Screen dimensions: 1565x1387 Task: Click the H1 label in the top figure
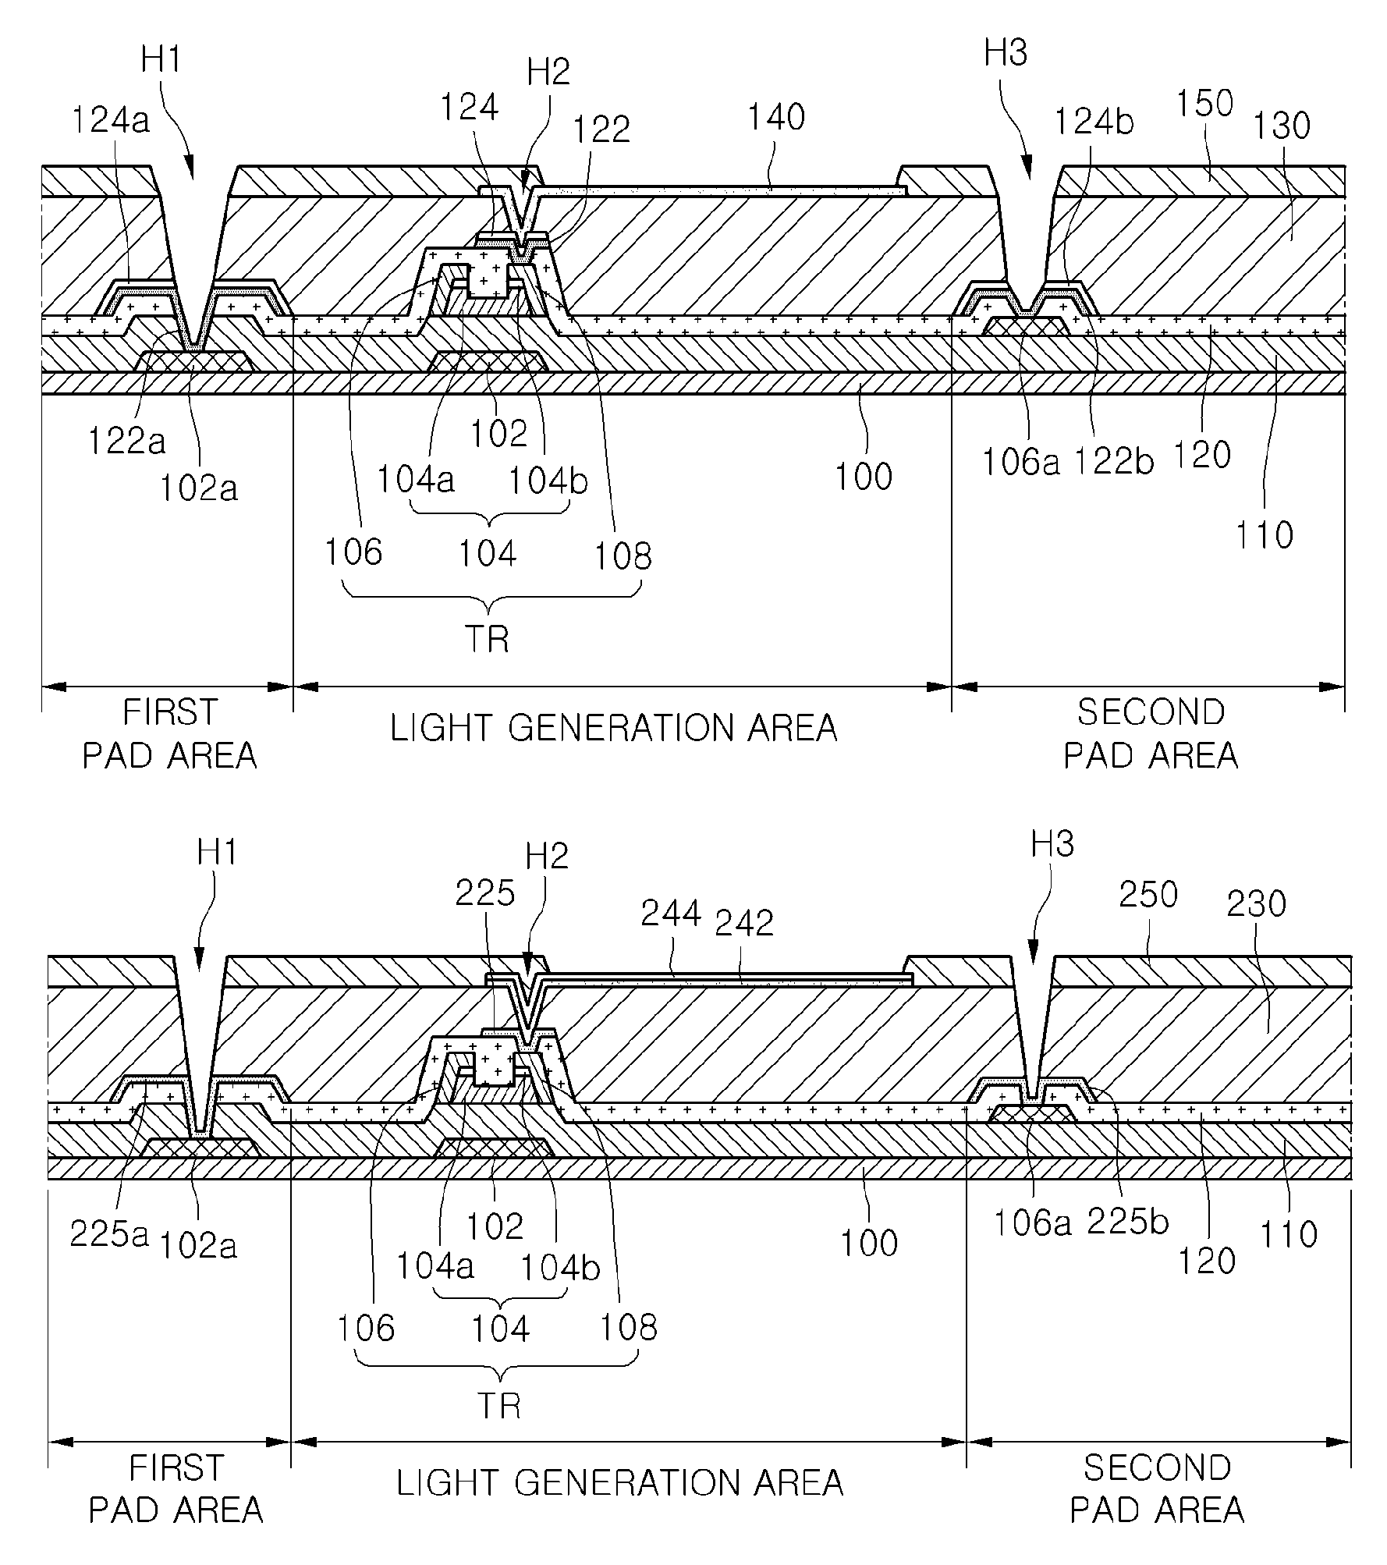tap(161, 59)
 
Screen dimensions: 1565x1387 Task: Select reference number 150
tap(1204, 104)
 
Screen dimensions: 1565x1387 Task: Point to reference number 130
tap(1281, 126)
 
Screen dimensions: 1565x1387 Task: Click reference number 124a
tap(111, 121)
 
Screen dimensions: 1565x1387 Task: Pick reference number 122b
tap(1114, 462)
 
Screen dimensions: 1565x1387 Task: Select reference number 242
tap(744, 923)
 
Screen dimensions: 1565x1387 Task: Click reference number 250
tap(1148, 895)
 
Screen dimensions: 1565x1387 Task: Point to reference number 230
tap(1256, 904)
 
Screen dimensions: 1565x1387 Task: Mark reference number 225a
tap(108, 1234)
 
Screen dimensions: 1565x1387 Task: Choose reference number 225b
tap(1128, 1223)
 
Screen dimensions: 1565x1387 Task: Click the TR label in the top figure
tap(487, 639)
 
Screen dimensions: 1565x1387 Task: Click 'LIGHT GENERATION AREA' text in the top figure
tap(614, 729)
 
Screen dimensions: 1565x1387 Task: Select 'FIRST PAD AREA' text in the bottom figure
tap(176, 1489)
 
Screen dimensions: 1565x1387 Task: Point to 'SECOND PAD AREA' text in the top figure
tap(1151, 733)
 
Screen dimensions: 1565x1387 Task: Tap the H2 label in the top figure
tap(548, 72)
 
